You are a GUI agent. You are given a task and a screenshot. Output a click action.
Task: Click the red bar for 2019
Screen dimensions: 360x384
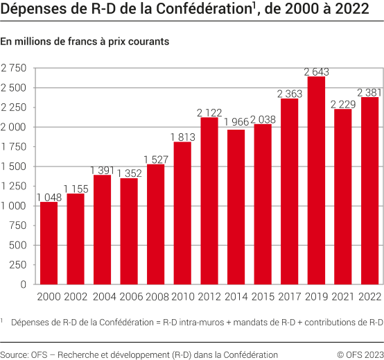tap(316, 180)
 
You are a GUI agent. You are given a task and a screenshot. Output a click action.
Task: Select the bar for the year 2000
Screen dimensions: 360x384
tap(49, 243)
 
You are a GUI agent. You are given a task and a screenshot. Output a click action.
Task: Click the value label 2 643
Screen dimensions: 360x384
tap(316, 71)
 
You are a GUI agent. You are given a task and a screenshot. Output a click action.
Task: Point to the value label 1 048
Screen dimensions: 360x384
tap(49, 197)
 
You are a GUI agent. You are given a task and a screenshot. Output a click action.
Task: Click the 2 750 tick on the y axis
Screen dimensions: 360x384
tap(14, 68)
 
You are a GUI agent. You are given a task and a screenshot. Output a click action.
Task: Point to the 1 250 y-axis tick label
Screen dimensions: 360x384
tap(14, 186)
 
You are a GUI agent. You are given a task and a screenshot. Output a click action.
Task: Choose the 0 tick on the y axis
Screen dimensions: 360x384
tap(23, 284)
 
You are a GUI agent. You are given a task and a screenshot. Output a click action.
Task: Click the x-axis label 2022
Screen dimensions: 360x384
tap(369, 297)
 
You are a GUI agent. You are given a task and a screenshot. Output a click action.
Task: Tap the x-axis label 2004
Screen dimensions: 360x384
tap(102, 297)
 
